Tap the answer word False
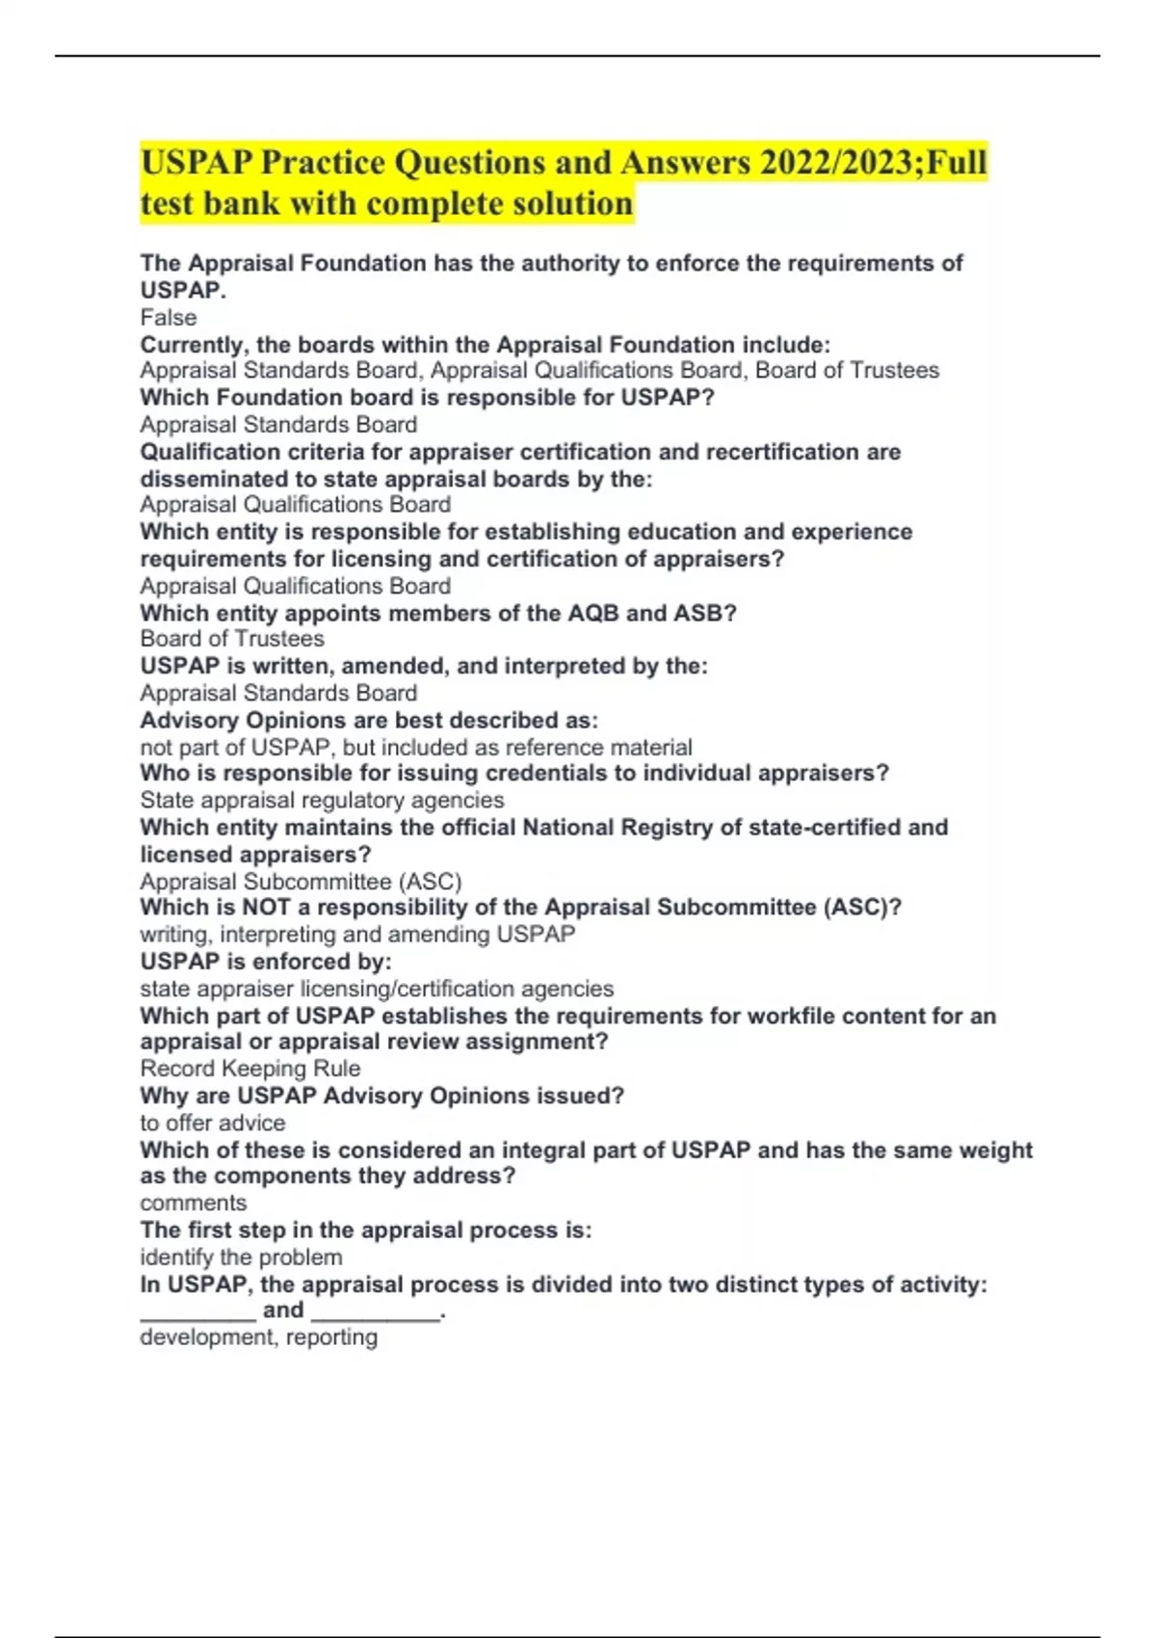click(x=169, y=318)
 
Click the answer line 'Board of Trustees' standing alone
click(x=232, y=639)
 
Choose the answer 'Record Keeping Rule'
click(x=250, y=1069)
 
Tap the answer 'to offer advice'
click(x=213, y=1123)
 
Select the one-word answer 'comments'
click(x=194, y=1203)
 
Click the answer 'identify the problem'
click(x=241, y=1257)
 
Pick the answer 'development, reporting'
click(x=259, y=1337)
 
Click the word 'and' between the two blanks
click(x=283, y=1310)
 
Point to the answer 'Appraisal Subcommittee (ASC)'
click(x=301, y=882)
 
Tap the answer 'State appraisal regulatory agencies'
click(x=322, y=801)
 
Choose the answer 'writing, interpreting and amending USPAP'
click(x=357, y=935)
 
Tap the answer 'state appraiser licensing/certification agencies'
click(x=377, y=989)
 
